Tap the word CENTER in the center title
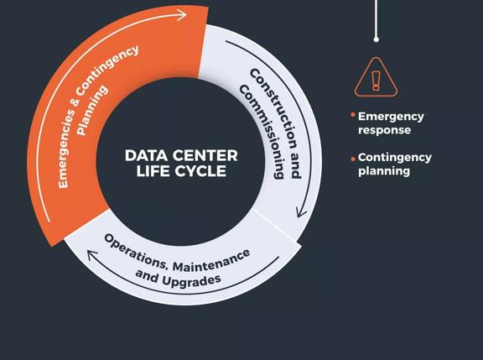click(x=205, y=155)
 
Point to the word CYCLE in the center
click(x=199, y=171)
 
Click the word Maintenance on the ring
click(x=211, y=261)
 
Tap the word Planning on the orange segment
click(x=91, y=110)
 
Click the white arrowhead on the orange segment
click(x=181, y=15)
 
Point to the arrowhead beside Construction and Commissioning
click(x=301, y=212)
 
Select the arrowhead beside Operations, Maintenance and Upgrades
click(x=91, y=255)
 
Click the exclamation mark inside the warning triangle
click(x=376, y=81)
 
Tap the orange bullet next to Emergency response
click(x=353, y=115)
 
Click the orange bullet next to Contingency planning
click(x=353, y=159)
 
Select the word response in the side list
click(x=384, y=130)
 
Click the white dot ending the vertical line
click(x=377, y=39)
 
